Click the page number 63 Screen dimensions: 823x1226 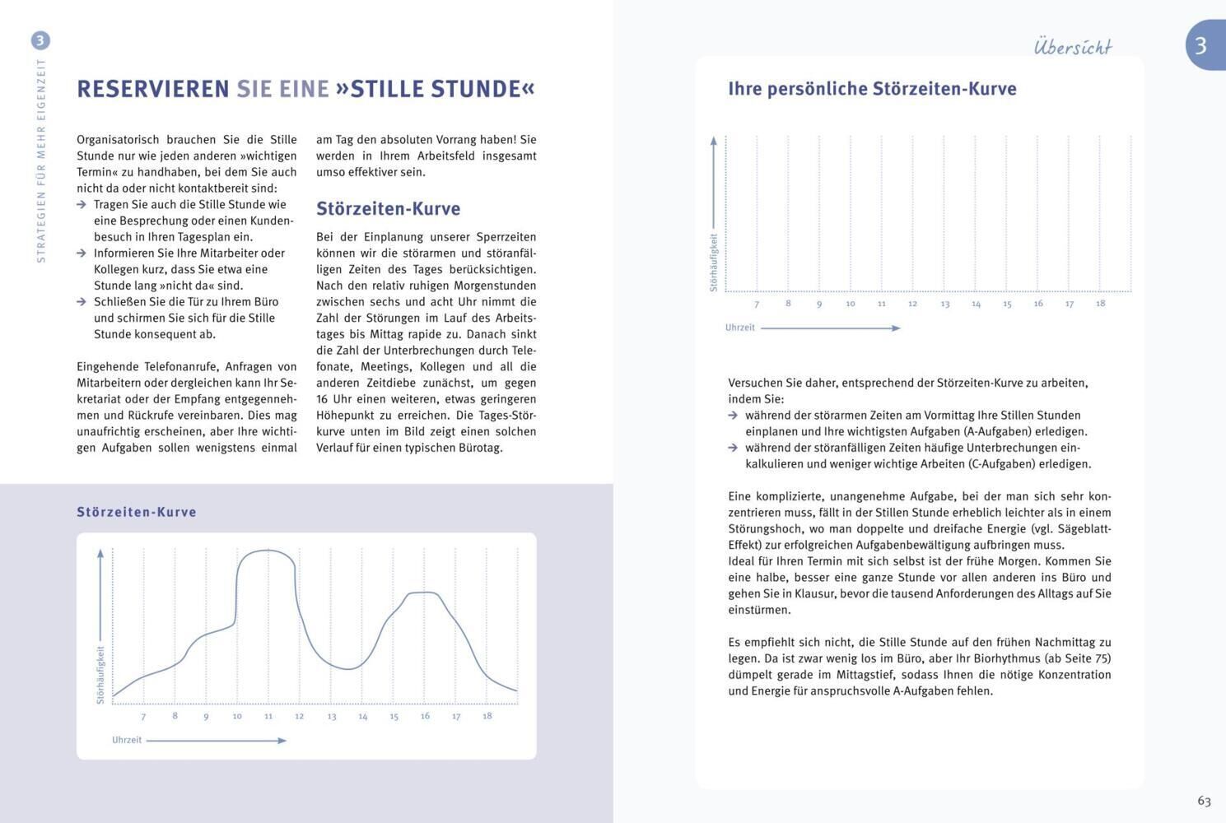point(1204,801)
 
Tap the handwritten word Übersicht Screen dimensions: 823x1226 point(1073,47)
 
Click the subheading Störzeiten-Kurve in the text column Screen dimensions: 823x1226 point(388,209)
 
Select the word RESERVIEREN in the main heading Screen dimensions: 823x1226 point(153,89)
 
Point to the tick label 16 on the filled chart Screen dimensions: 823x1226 point(425,716)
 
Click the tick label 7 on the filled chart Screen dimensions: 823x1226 point(143,717)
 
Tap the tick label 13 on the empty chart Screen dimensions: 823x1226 point(944,305)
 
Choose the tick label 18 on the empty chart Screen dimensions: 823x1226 point(1100,304)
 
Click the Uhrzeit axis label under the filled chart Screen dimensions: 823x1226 point(127,740)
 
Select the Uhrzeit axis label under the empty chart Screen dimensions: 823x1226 point(739,328)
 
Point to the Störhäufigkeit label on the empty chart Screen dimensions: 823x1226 point(714,263)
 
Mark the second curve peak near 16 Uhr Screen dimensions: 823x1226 point(423,592)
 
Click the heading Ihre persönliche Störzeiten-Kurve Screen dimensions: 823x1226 point(872,89)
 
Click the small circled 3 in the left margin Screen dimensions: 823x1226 point(40,40)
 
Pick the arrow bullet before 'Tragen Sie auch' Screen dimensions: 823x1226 point(82,205)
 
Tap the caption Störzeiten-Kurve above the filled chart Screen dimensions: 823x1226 point(137,512)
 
